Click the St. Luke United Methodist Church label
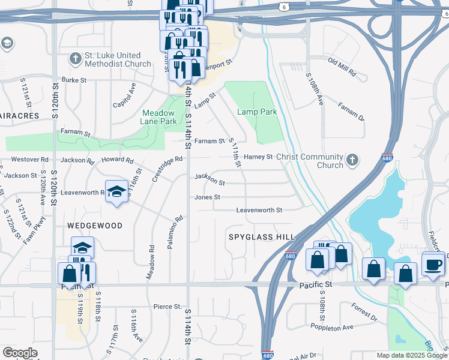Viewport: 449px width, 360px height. (118, 59)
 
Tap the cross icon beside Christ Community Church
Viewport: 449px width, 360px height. (352, 160)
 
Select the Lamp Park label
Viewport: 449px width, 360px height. (257, 112)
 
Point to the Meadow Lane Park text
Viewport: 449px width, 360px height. (159, 117)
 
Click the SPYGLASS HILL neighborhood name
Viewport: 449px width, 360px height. (261, 238)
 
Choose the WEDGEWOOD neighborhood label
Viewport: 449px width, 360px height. (95, 226)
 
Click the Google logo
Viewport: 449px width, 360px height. (20, 353)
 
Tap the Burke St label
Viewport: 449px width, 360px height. (74, 79)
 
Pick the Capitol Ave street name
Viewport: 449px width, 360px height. (125, 96)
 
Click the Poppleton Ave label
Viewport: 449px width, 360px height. (332, 328)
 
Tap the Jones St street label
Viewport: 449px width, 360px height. (207, 197)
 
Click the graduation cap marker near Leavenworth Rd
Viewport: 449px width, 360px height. (116, 192)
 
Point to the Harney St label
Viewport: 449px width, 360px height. (258, 157)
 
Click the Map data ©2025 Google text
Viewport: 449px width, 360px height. (411, 355)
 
